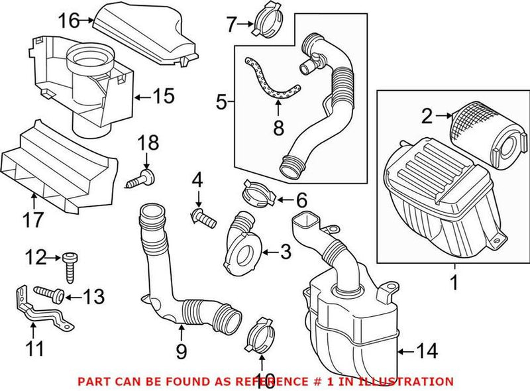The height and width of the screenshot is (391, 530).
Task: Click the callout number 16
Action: pos(67,21)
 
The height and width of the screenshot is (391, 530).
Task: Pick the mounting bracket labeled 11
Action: pos(40,307)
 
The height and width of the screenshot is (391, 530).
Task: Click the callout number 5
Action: pos(221,102)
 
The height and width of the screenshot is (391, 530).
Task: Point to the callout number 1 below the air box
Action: pos(454,284)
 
